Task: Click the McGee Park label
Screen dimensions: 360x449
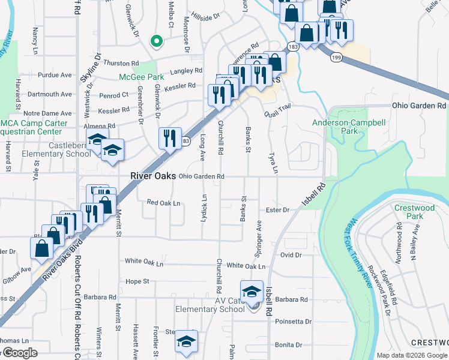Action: [x=141, y=77]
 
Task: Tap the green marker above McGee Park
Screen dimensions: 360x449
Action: [x=156, y=41]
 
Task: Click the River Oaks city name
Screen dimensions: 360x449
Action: [x=153, y=176]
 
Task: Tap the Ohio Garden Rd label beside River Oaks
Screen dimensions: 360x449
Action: [x=201, y=176]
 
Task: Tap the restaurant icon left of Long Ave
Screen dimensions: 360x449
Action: [x=170, y=138]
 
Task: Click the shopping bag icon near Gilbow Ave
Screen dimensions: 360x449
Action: [x=42, y=248]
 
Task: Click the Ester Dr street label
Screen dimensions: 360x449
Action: [x=278, y=210]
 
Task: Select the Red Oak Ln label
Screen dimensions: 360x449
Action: [x=163, y=203]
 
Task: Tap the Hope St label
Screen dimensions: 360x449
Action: [x=137, y=281]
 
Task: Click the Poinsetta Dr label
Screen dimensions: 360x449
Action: [x=293, y=322]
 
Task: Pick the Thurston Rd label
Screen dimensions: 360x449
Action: [x=121, y=62]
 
